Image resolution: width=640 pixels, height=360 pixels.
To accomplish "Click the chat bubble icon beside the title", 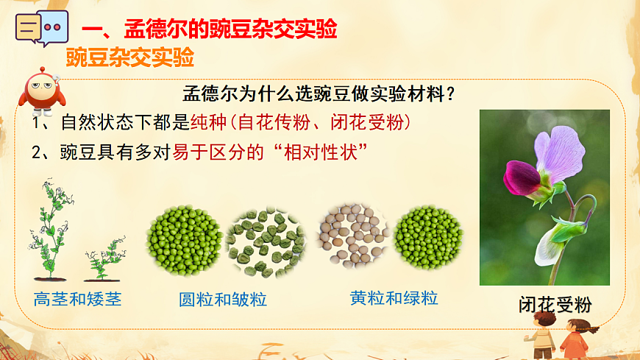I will pyautogui.click(x=38, y=29).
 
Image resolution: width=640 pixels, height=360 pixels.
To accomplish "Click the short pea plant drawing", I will pyautogui.click(x=103, y=260).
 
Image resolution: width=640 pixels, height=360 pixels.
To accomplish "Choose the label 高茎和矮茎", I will pyautogui.click(x=77, y=299).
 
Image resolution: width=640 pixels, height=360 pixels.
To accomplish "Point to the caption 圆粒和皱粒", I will pyautogui.click(x=223, y=300).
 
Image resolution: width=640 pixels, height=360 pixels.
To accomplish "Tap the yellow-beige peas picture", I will pyautogui.click(x=354, y=236).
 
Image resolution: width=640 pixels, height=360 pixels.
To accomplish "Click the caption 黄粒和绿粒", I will pyautogui.click(x=394, y=298).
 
